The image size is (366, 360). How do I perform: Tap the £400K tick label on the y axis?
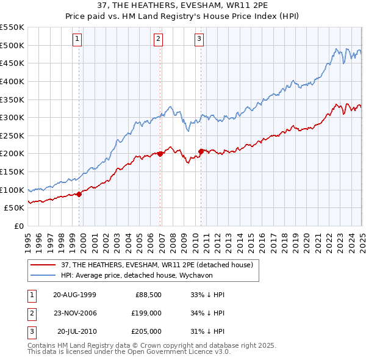[12, 81]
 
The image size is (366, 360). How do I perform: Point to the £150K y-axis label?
[12, 171]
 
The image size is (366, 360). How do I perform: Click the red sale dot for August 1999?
[79, 194]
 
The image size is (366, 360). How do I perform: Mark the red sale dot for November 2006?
[160, 154]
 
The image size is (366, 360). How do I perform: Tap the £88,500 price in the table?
[148, 295]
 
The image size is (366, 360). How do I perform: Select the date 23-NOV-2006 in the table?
[74, 313]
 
